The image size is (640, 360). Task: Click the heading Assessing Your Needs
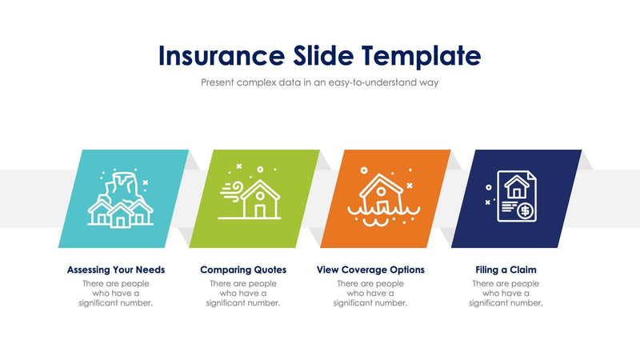coord(116,270)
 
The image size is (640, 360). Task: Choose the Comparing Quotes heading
coord(243,270)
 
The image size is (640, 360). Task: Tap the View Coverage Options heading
coord(370,270)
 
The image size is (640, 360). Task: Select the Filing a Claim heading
coord(506,270)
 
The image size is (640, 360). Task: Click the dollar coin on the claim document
coord(525,211)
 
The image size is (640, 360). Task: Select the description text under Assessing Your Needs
coord(116,293)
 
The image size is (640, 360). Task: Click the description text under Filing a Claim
coord(506,293)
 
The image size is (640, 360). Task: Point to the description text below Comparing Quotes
coord(243,293)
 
